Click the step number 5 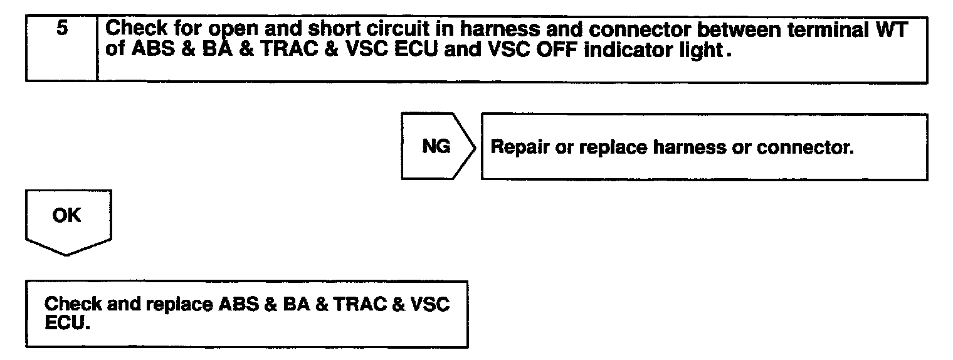pos(61,29)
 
